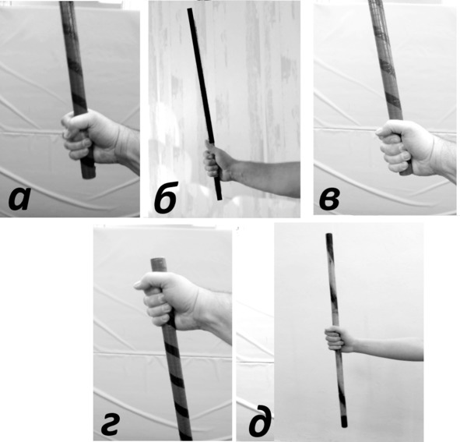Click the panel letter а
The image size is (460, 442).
click(x=19, y=199)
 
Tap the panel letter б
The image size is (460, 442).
click(x=166, y=197)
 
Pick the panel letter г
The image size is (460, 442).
click(x=110, y=425)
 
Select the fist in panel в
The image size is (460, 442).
click(x=405, y=147)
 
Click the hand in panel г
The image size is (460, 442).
click(x=167, y=300)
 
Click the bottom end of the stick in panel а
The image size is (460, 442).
click(x=89, y=175)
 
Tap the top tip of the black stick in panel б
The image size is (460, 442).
click(x=190, y=9)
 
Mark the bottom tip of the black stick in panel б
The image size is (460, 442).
click(x=219, y=199)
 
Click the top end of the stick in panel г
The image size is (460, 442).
click(x=159, y=260)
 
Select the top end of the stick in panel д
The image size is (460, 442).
click(x=329, y=235)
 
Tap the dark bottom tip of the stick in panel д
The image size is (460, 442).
click(x=344, y=422)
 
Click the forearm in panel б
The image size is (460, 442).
click(x=265, y=178)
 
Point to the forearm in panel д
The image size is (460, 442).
click(x=388, y=348)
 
